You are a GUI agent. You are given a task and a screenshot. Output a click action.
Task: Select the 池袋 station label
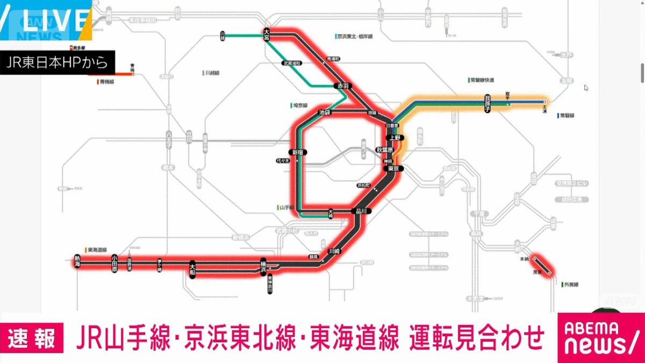pyautogui.click(x=325, y=112)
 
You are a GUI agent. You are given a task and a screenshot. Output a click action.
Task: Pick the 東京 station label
pyautogui.click(x=393, y=168)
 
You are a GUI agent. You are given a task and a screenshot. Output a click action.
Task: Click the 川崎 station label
pyautogui.click(x=334, y=251)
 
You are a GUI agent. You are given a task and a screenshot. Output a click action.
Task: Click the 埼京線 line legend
pyautogui.click(x=299, y=105)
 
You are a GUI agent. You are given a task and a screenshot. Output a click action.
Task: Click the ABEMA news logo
pyautogui.click(x=600, y=338)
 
